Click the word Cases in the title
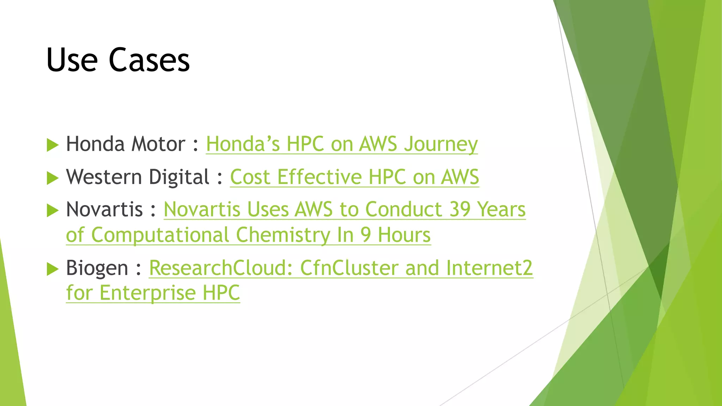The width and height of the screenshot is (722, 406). click(149, 60)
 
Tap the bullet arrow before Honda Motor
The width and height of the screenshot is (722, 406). click(52, 145)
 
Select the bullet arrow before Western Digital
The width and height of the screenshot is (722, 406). click(52, 178)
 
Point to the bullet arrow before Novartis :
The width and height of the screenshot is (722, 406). click(52, 210)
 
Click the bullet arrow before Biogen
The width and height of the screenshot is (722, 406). click(52, 269)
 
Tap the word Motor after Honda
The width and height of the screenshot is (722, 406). click(158, 144)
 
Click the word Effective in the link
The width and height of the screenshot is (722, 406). click(319, 177)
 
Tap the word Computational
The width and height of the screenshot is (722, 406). click(160, 235)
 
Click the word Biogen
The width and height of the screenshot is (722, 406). click(97, 268)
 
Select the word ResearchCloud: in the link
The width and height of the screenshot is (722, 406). click(221, 268)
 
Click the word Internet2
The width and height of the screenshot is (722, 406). click(489, 268)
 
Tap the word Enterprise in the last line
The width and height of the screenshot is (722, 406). click(147, 293)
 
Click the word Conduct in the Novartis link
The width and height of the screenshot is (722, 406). click(404, 209)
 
